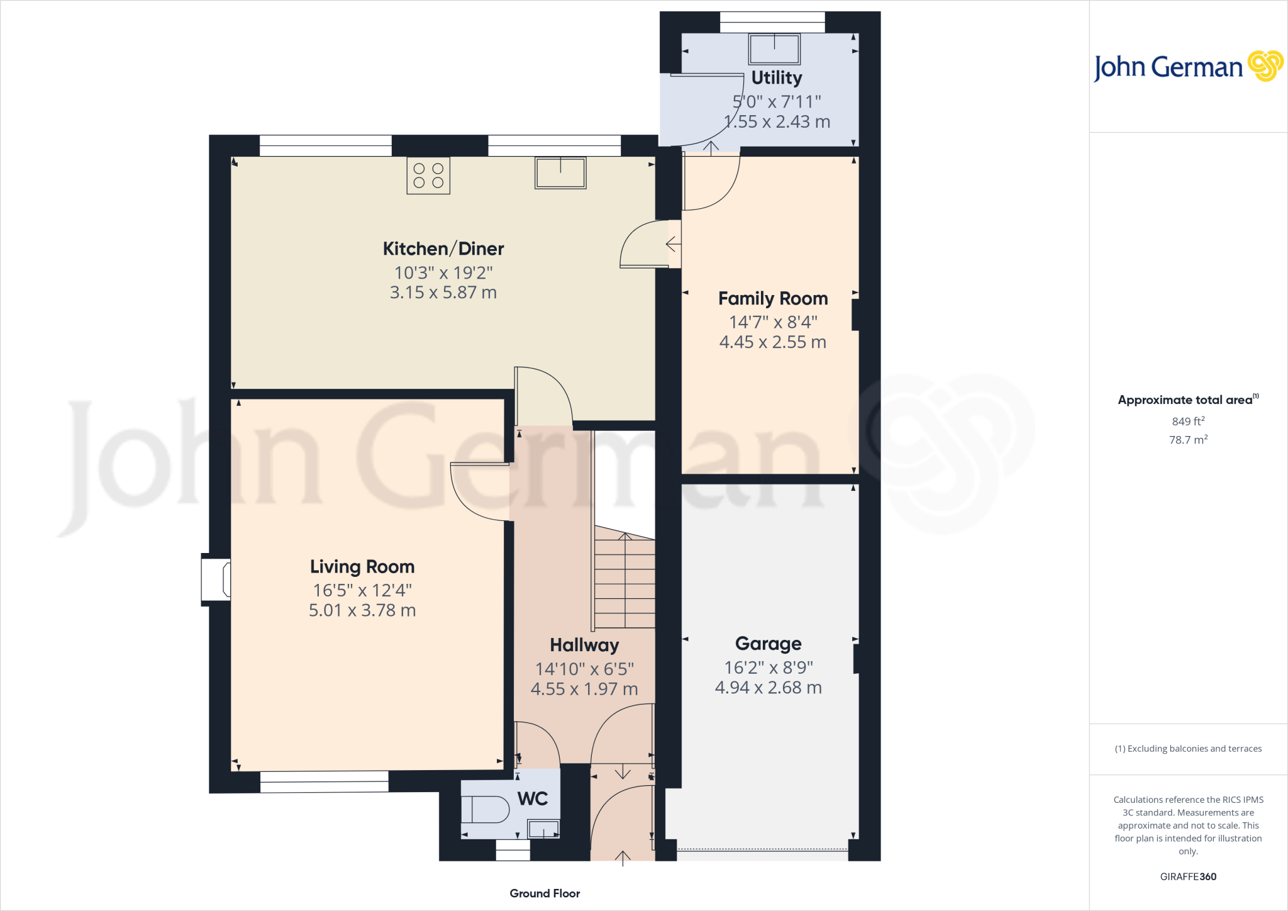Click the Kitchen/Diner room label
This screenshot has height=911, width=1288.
click(443, 249)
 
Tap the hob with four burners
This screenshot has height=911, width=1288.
click(428, 176)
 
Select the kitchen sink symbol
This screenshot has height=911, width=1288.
click(560, 172)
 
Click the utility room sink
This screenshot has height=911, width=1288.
click(774, 49)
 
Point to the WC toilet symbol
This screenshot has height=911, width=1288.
click(486, 810)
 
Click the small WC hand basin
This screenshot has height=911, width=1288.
click(543, 829)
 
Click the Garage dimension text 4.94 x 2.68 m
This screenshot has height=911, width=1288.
click(768, 688)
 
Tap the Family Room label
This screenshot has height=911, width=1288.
click(773, 298)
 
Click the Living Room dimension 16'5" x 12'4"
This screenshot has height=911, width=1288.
click(362, 590)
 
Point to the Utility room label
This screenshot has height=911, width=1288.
click(777, 77)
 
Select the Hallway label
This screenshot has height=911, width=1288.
click(584, 645)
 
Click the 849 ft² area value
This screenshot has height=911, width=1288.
click(1188, 421)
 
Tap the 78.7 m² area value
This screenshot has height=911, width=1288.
click(1188, 440)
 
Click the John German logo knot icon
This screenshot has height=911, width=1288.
click(1265, 65)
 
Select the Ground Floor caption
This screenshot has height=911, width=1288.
click(545, 893)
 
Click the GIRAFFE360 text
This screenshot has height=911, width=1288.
click(1188, 876)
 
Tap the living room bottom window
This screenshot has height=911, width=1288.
click(325, 782)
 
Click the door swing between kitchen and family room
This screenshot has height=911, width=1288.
click(643, 244)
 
